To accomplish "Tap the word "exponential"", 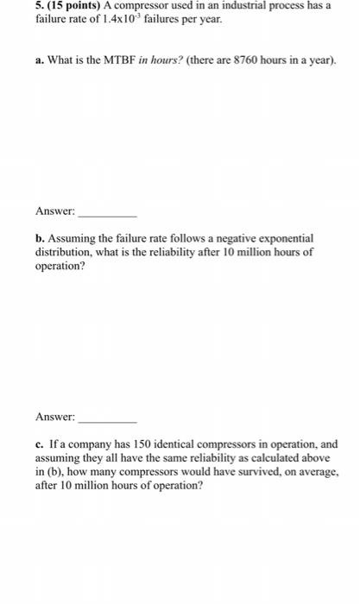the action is [x=288, y=237].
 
